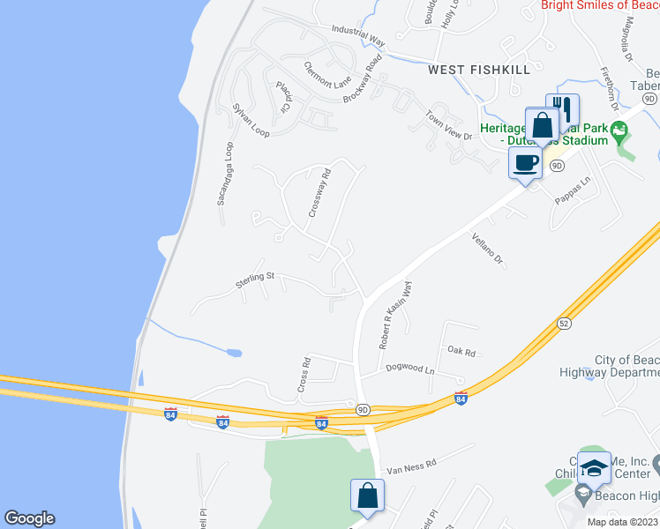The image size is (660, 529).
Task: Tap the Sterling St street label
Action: click(256, 279)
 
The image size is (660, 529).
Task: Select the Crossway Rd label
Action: click(318, 194)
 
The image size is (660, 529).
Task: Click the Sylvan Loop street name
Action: click(251, 120)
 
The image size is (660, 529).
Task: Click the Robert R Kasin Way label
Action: click(395, 316)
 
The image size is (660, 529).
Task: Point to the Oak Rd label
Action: click(461, 352)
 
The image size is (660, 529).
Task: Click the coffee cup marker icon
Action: click(526, 162)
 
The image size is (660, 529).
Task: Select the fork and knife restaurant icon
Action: click(563, 109)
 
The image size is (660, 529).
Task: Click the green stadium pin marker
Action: click(619, 133)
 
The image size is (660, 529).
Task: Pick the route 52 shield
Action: click(564, 324)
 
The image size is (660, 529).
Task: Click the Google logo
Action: click(29, 518)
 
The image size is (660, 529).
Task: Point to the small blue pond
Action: click(234, 353)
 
